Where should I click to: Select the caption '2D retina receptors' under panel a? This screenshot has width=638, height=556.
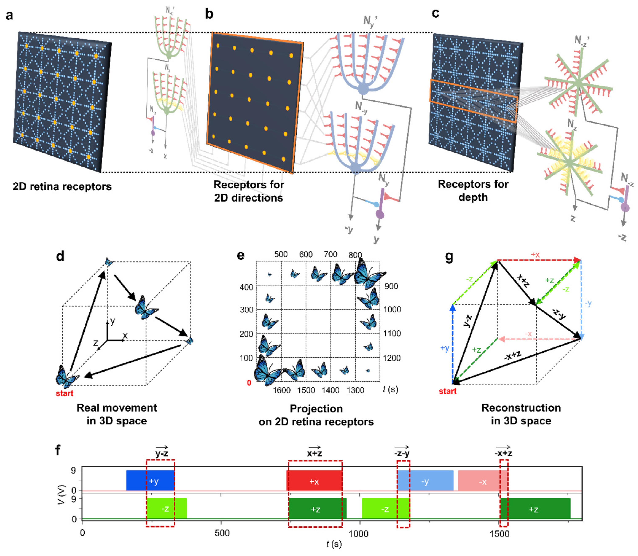coord(62,186)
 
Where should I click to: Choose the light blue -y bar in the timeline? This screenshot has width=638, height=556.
coord(425,481)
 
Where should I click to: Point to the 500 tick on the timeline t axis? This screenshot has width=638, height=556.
coord(222,533)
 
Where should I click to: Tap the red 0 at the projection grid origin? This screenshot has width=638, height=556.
coord(249,383)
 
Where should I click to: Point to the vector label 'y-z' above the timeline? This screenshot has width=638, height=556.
coord(162,453)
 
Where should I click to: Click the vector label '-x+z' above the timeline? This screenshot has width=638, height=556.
coord(503,453)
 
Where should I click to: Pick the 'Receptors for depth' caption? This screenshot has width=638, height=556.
coord(473,191)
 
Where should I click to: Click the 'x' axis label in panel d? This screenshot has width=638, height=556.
coord(125,335)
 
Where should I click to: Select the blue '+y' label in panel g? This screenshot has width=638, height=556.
coord(445,348)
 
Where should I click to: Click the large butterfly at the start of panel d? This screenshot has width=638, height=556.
coord(67,376)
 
